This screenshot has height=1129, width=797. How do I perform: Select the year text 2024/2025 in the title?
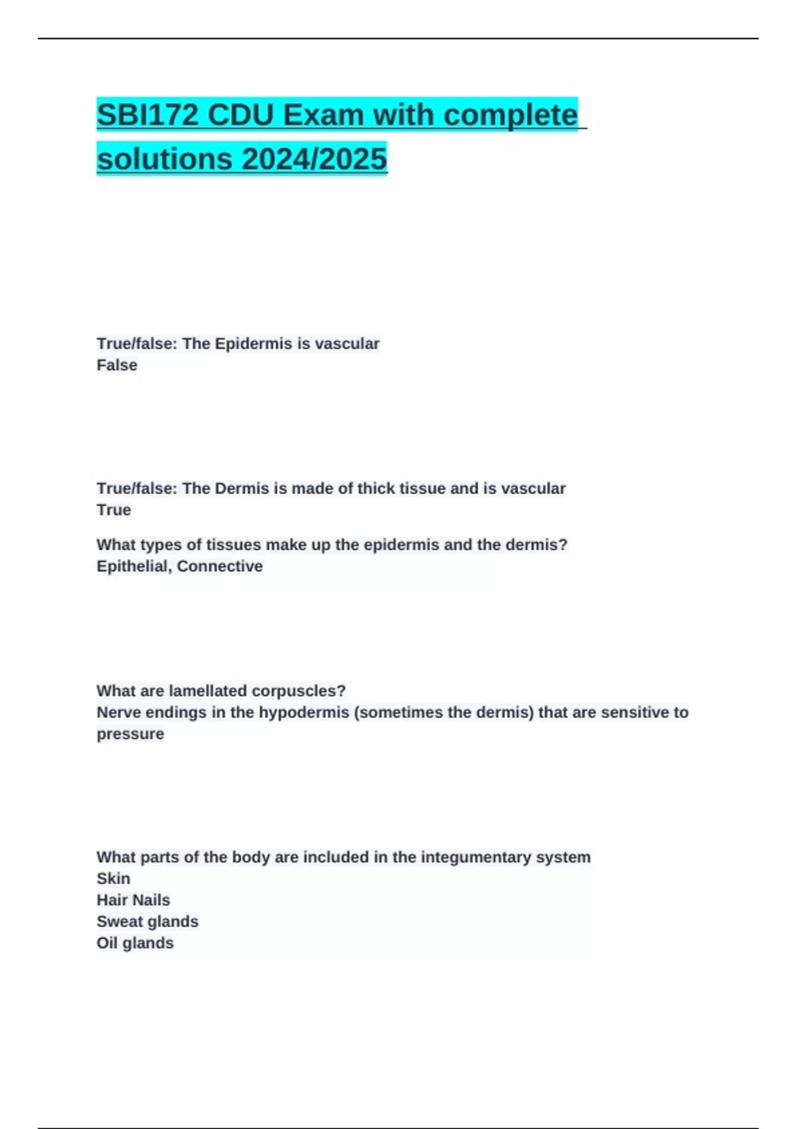coord(314,159)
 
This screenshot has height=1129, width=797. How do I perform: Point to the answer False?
coord(117,365)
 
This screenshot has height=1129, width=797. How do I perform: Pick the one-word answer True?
coord(114,510)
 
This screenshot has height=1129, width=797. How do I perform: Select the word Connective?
coord(220,566)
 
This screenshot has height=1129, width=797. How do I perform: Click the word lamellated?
coord(208,691)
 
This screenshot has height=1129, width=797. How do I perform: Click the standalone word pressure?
coord(130,735)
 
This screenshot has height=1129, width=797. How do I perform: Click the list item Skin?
coord(114,879)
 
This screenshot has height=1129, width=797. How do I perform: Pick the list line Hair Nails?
coord(133,901)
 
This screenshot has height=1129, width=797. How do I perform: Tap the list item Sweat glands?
coord(147,922)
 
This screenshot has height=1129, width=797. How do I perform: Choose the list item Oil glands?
coord(135,943)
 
